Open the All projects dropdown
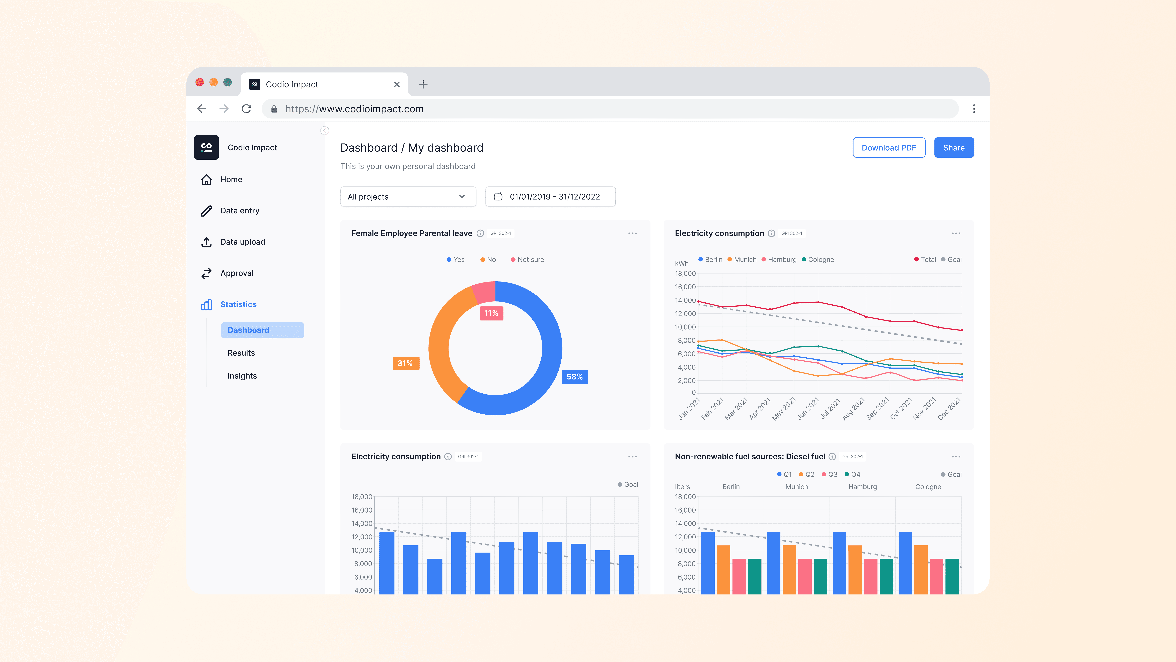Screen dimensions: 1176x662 [x=408, y=196]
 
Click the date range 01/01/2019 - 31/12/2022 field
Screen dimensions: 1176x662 [x=550, y=196]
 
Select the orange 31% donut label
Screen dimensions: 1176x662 [x=405, y=363]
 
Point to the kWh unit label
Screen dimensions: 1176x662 [x=682, y=264]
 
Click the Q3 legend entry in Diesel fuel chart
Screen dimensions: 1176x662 [x=830, y=474]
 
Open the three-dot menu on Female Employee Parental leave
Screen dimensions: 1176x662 [x=632, y=234]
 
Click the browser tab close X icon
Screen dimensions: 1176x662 [x=397, y=85]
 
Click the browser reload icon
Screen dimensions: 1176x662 [x=247, y=109]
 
